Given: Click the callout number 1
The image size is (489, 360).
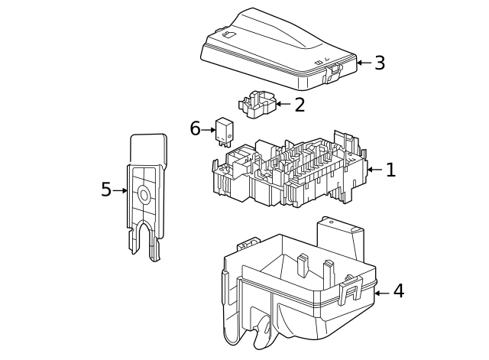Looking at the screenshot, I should (390, 170).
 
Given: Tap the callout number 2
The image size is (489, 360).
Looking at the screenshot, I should (300, 105).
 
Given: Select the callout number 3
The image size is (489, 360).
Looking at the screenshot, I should (379, 63).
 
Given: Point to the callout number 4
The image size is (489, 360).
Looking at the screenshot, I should (398, 291).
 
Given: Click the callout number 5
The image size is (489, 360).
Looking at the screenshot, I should (106, 190).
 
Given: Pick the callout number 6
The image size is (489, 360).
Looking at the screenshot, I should (195, 129).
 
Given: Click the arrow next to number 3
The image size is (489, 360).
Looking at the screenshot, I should (364, 63).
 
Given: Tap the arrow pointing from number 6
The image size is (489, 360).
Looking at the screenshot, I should (209, 130).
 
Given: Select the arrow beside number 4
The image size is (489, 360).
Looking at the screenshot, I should (382, 292).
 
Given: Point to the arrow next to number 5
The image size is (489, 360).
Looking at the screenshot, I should (120, 190).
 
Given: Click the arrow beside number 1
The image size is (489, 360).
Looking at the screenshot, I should (374, 170).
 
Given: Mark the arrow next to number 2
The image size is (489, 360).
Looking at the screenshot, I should (283, 104).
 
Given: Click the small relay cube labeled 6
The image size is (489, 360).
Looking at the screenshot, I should (225, 130).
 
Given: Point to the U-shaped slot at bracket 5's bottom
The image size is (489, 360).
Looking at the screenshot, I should (144, 237).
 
